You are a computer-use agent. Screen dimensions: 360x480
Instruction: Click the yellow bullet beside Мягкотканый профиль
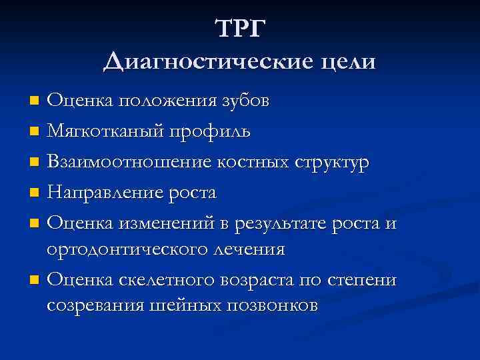(x=35, y=132)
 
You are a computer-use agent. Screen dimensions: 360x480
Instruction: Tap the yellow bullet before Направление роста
(x=35, y=193)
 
